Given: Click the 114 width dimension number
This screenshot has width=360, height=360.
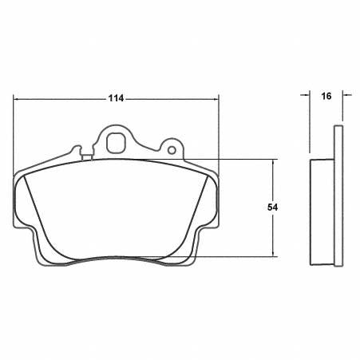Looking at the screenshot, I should pyautogui.click(x=116, y=98).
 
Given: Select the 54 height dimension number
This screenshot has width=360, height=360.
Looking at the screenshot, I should pyautogui.click(x=272, y=207).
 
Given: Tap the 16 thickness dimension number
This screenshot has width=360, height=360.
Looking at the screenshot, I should pyautogui.click(x=326, y=96).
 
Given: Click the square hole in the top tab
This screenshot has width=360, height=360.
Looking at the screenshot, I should pyautogui.click(x=115, y=144).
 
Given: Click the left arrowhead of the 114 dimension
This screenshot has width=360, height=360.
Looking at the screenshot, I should pyautogui.click(x=18, y=98).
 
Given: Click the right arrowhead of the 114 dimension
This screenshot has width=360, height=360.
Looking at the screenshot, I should pyautogui.click(x=216, y=98).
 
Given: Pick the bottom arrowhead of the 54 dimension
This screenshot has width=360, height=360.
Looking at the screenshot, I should pyautogui.click(x=273, y=253).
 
